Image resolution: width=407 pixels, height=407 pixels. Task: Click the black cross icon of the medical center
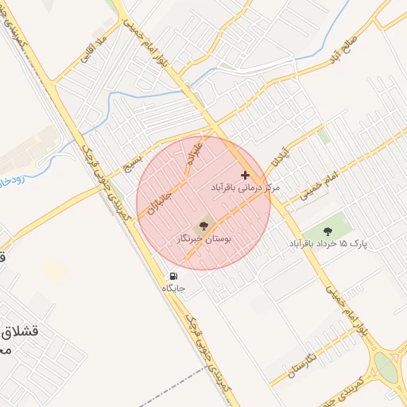point(245,175)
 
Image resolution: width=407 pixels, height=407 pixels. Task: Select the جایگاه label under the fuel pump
point(173,288)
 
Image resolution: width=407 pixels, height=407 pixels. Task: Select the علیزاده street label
point(193,153)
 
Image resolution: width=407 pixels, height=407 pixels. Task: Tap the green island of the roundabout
point(385,367)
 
